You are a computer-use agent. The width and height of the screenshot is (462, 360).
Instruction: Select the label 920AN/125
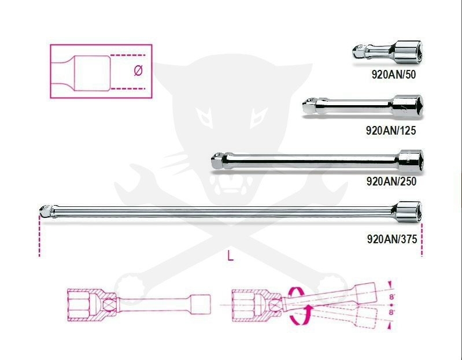(x=391, y=130)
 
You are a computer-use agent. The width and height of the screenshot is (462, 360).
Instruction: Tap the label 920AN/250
(x=391, y=181)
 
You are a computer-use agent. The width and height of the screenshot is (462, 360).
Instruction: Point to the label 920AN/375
(x=391, y=239)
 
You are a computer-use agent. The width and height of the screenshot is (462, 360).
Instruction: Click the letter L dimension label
(x=231, y=257)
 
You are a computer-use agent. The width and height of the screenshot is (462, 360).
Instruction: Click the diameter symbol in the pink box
(x=138, y=71)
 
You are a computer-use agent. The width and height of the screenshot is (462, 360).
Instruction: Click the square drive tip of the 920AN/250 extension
(x=216, y=159)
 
